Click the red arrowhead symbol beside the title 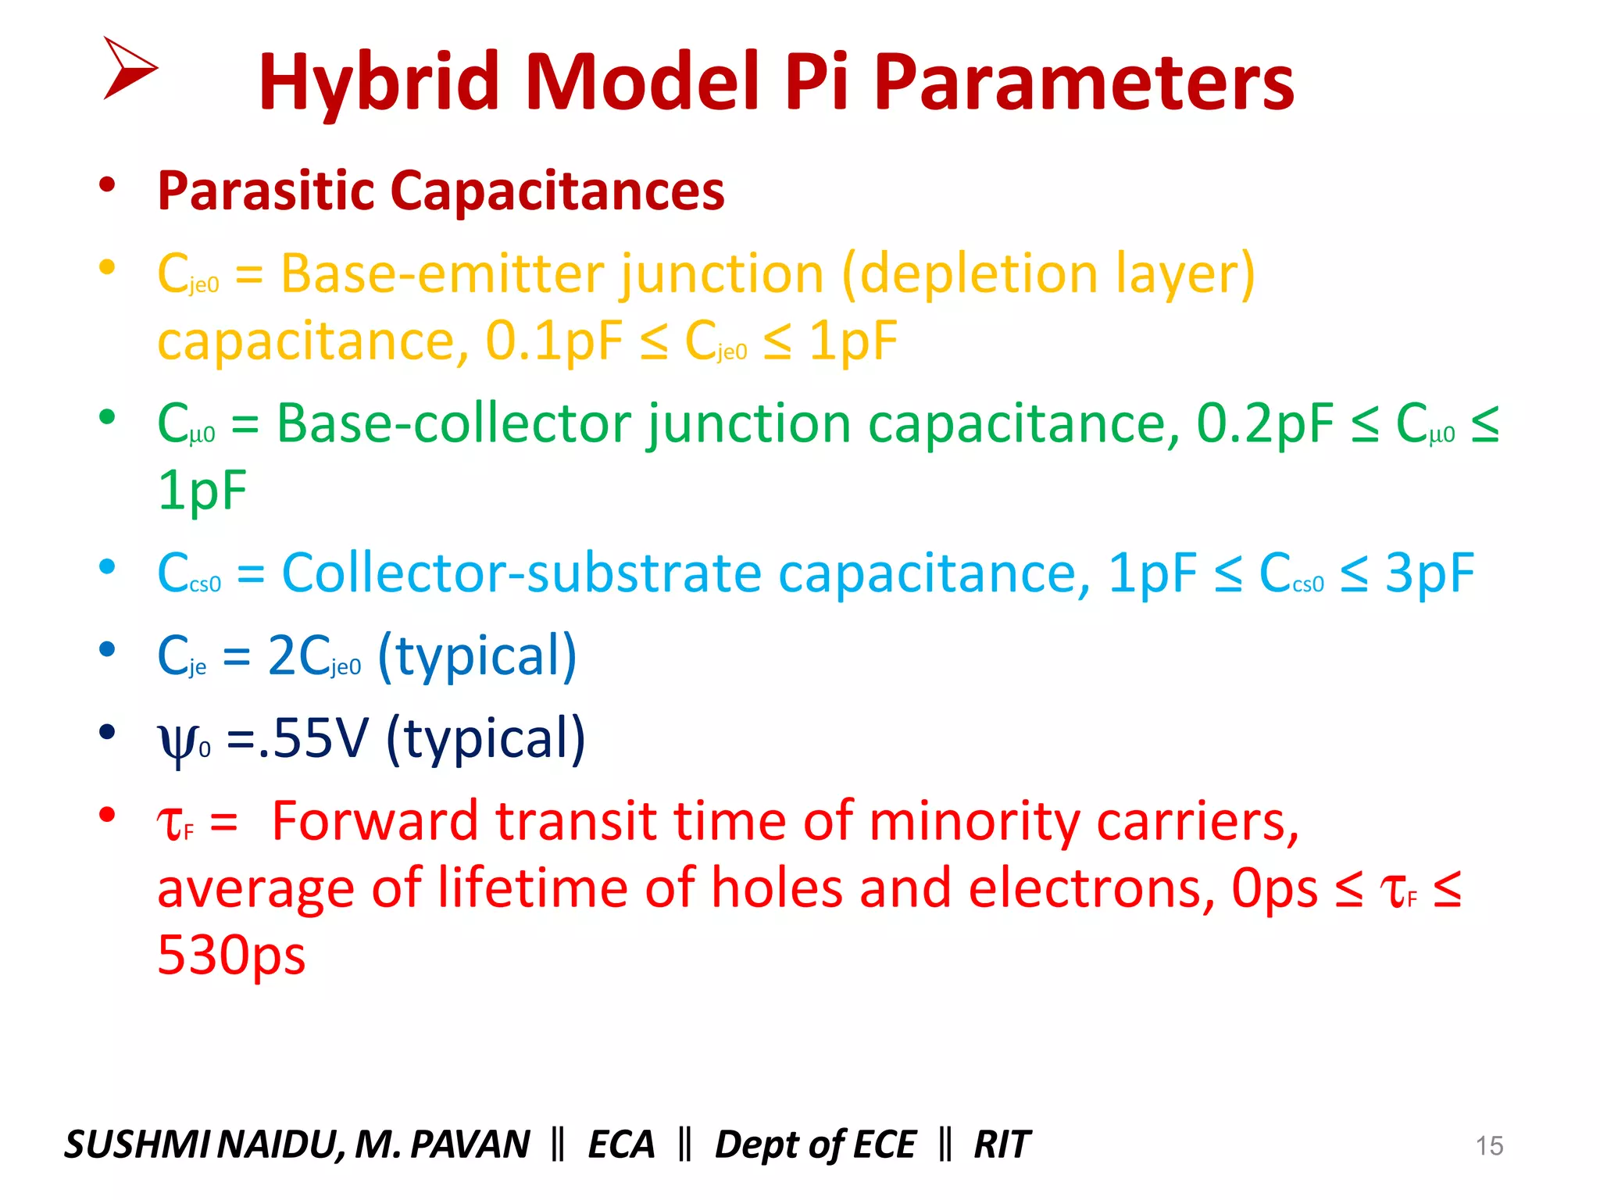(x=129, y=68)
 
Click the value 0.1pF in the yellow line (x=553, y=341)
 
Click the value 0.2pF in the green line (x=1263, y=424)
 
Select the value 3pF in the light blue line (x=1429, y=573)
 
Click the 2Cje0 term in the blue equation (x=313, y=656)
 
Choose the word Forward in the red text (x=374, y=822)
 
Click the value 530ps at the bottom (x=231, y=955)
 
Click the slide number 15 (x=1488, y=1146)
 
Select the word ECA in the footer (x=621, y=1145)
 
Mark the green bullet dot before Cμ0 (x=107, y=417)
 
